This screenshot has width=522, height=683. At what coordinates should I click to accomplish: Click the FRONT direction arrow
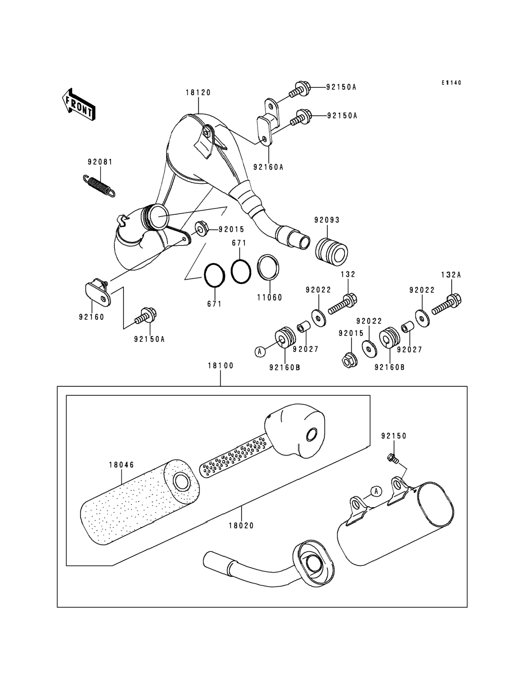click(79, 105)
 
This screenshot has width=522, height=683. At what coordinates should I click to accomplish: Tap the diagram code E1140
click(451, 83)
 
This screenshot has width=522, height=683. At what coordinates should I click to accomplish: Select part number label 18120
click(198, 93)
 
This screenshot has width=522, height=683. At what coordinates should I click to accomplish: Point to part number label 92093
click(327, 220)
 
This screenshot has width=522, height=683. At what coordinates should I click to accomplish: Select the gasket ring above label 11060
click(268, 267)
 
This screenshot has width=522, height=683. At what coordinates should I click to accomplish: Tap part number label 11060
click(269, 298)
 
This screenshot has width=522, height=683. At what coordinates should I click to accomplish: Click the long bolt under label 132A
click(446, 305)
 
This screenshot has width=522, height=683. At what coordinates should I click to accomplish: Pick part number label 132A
click(451, 275)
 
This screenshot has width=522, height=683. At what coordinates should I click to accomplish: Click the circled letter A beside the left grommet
click(260, 351)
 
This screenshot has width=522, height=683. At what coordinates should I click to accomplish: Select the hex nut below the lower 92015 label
click(349, 361)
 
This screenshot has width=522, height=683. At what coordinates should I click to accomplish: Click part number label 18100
click(220, 366)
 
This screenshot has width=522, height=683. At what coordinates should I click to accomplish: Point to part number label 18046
click(121, 465)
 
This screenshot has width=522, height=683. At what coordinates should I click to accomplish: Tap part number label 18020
click(241, 526)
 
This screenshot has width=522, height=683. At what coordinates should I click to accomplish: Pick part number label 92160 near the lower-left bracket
click(91, 317)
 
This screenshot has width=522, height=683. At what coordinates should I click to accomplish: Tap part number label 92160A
click(269, 167)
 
